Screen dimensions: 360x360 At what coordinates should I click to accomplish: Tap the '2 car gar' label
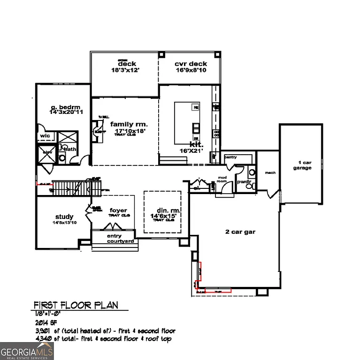(x=241, y=232)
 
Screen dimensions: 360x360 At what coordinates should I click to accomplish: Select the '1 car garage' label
(x=302, y=165)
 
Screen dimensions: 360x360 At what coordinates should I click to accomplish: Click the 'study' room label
(x=64, y=217)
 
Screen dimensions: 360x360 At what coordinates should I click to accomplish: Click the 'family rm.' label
(x=129, y=124)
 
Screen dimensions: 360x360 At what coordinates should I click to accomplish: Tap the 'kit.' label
(x=196, y=144)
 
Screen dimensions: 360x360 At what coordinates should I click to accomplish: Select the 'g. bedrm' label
(x=63, y=107)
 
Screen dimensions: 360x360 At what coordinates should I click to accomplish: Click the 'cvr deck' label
(x=188, y=64)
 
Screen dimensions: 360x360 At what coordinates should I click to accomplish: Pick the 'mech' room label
(x=270, y=172)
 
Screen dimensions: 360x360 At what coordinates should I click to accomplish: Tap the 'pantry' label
(x=231, y=157)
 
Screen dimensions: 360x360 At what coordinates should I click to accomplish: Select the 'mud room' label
(x=222, y=180)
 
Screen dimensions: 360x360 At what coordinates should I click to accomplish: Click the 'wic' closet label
(x=45, y=136)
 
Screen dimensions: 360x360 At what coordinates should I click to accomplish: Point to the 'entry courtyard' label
(x=121, y=239)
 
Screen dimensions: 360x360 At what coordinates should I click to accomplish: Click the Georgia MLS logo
(x=27, y=351)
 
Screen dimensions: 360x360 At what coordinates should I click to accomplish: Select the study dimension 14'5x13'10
(x=64, y=223)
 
